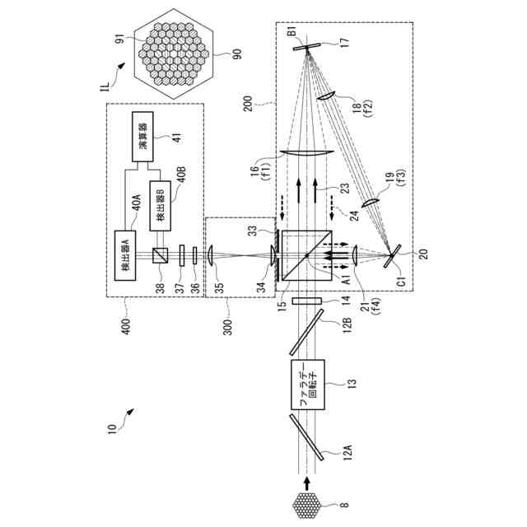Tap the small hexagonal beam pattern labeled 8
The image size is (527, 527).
(305, 502)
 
